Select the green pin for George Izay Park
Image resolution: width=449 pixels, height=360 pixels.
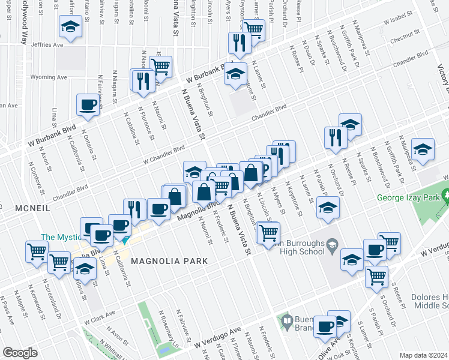[x=445, y=196]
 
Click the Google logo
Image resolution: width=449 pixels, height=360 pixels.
[x=20, y=352]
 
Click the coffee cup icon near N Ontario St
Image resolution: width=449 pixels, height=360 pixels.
[x=88, y=106]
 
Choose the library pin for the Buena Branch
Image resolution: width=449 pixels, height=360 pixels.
[x=288, y=322]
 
